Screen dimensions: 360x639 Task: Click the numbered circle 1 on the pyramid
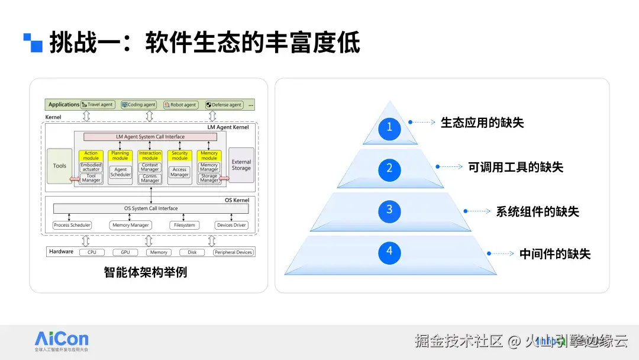coord(389,127)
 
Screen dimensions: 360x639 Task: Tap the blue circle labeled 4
coord(389,251)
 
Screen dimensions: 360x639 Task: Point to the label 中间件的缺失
coord(554,254)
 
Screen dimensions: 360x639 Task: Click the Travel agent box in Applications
coord(97,105)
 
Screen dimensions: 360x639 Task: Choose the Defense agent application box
coord(224,105)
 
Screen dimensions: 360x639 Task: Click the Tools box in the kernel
coord(60,166)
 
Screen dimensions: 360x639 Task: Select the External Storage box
coord(241,165)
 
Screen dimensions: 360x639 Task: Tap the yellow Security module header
coord(179,156)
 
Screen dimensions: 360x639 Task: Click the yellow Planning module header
coord(120,156)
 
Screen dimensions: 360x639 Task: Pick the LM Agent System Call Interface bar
coord(150,137)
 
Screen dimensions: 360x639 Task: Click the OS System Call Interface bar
coord(151,208)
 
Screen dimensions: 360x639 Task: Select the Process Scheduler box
coord(72,225)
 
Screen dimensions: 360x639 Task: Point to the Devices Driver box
coord(231,225)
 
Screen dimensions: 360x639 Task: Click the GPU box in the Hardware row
coord(125,252)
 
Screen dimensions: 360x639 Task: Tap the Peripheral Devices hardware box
coord(233,252)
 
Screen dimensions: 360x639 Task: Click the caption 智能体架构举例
coord(145,273)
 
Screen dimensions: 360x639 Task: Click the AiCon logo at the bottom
coord(62,341)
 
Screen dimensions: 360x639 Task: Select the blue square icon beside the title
coord(33,43)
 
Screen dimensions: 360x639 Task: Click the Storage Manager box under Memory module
coord(209,178)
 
